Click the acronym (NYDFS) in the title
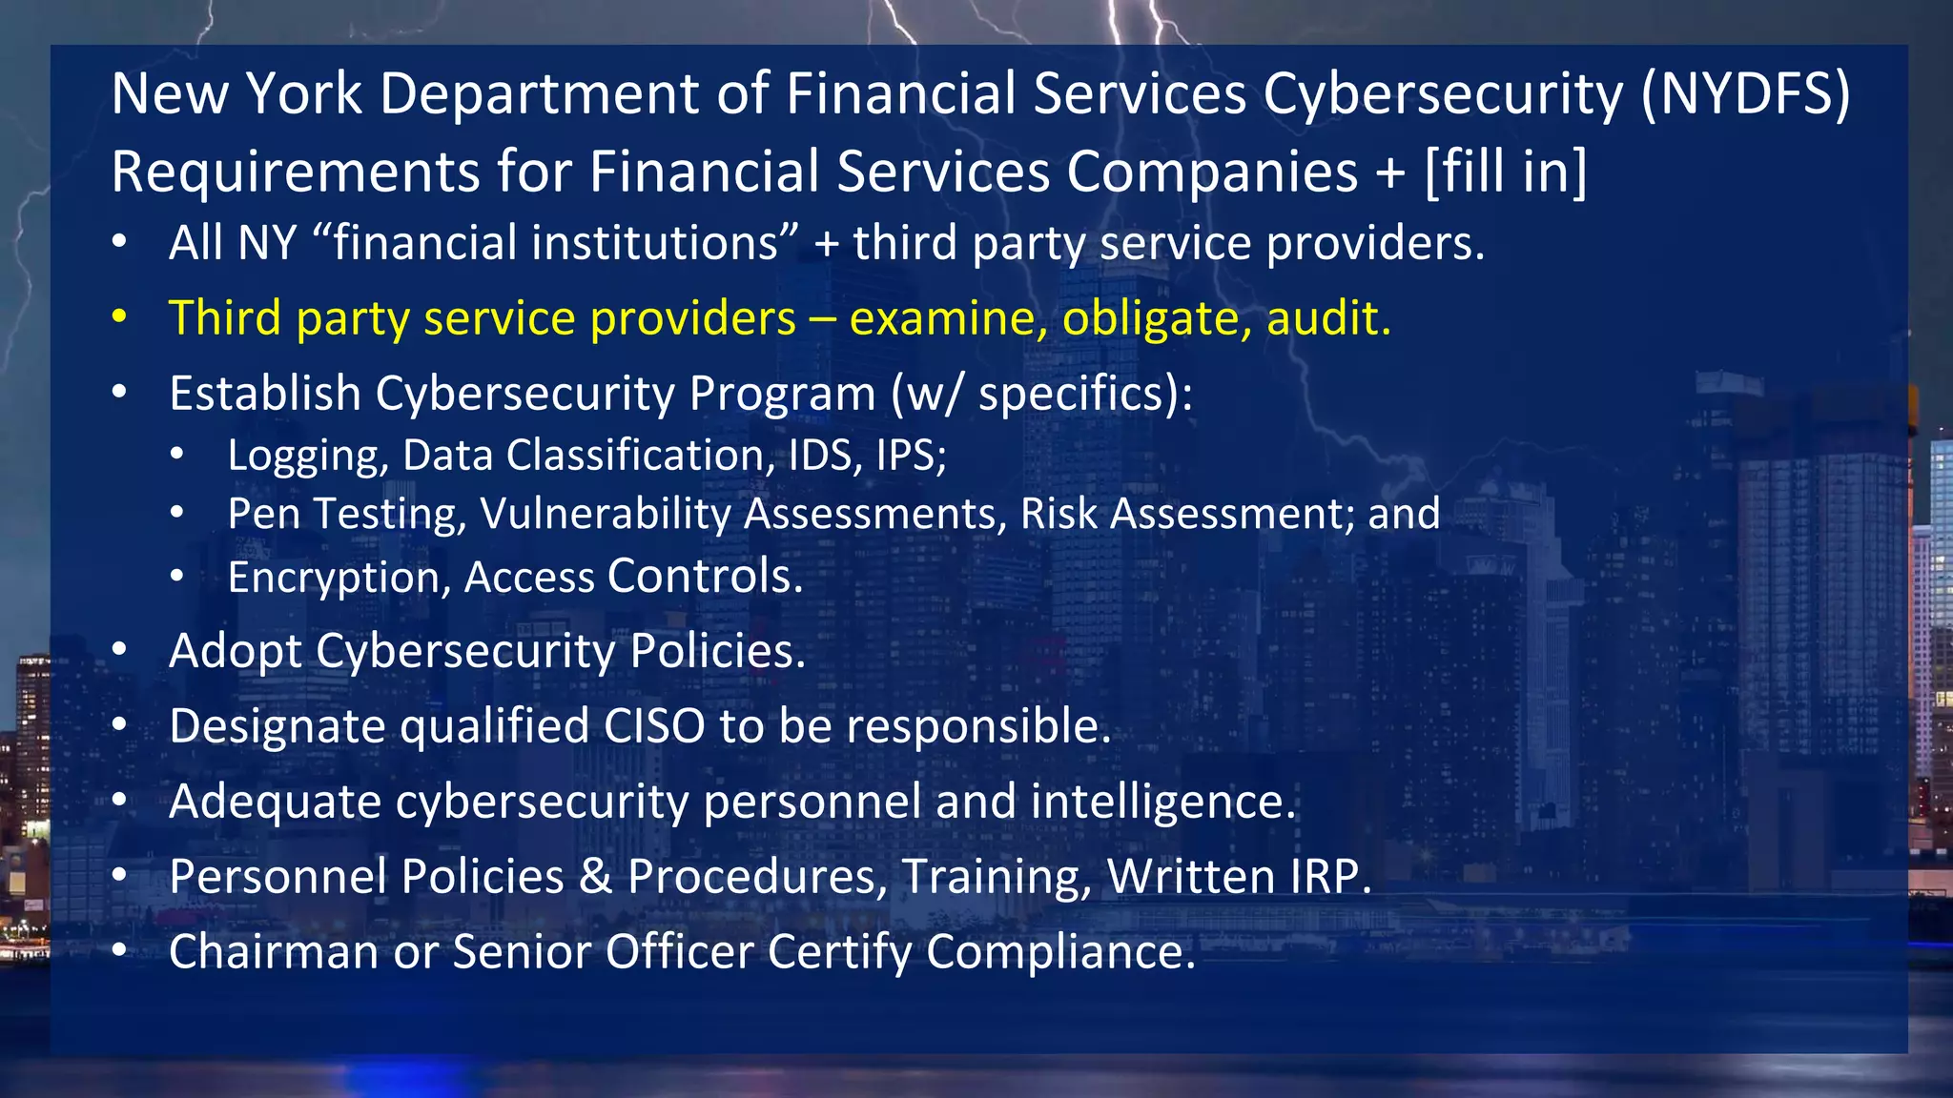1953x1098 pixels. [1745, 95]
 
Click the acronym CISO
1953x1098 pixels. [654, 726]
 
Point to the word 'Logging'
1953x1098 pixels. [307, 457]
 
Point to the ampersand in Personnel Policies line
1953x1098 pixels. [595, 877]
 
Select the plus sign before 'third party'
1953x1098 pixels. [827, 244]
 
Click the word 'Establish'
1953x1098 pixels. [264, 394]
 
